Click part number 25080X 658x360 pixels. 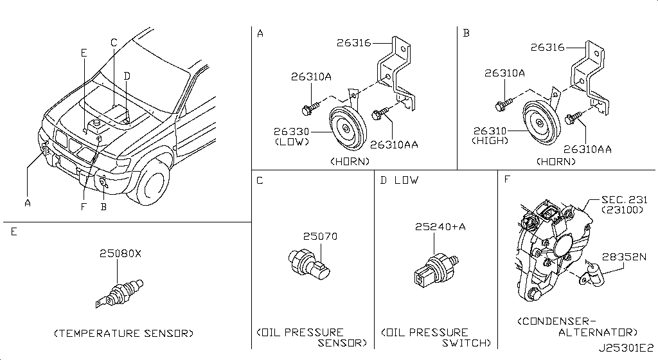tap(120, 254)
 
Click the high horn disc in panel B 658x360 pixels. tap(542, 121)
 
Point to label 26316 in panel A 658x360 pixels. tap(354, 43)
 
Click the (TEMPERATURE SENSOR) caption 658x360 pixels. tap(123, 333)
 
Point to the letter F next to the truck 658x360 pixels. tap(83, 207)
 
